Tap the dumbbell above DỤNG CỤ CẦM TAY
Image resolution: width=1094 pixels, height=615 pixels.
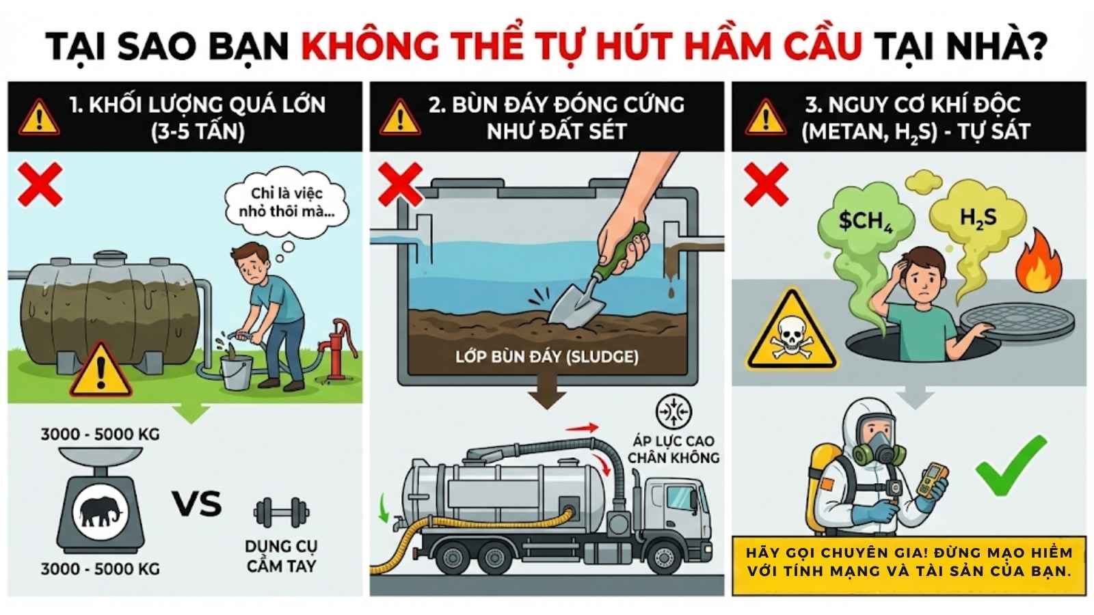tap(281, 512)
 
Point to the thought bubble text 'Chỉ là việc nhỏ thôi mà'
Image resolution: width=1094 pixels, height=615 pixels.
tap(286, 202)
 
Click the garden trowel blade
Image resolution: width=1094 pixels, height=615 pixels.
tap(567, 303)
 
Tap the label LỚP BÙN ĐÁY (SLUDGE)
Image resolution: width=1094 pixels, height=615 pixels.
tap(546, 357)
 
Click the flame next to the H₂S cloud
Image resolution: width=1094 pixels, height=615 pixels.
tap(1037, 264)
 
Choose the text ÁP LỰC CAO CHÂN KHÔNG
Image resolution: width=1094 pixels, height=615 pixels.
tap(673, 449)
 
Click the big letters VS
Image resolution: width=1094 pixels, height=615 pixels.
tap(196, 504)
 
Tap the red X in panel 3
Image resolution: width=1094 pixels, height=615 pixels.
tap(766, 184)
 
